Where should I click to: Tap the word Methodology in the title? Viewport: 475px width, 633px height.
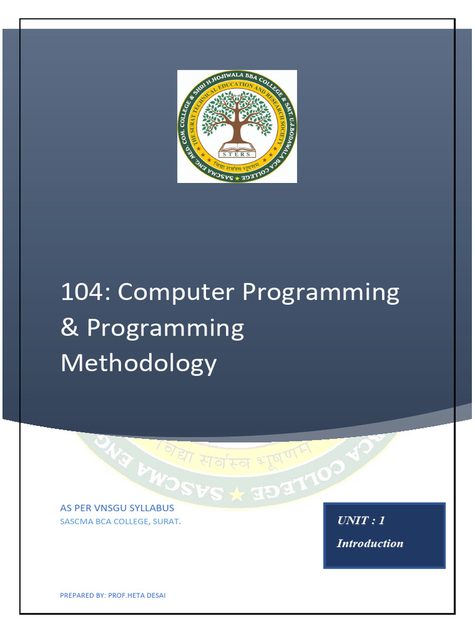139,363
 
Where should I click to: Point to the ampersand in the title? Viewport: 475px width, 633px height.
69,328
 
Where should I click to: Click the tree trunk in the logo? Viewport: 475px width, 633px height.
237,130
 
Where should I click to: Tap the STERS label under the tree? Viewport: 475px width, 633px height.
237,154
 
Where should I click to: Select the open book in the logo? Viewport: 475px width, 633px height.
237,148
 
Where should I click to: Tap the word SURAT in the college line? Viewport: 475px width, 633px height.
167,522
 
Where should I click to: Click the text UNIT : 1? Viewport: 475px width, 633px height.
361,520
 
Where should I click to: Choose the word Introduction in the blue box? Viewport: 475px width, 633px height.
369,543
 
